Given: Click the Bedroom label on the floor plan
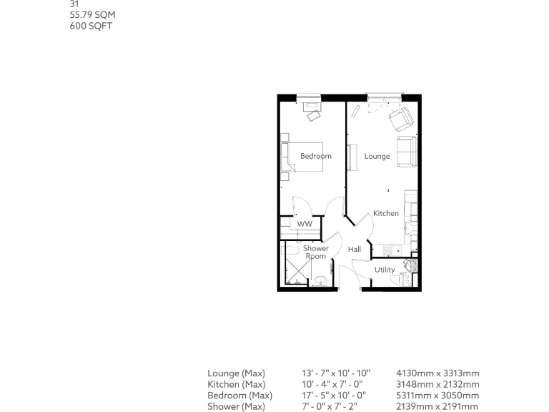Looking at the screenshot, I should tap(315, 156).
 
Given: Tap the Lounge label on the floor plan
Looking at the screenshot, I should tap(377, 156).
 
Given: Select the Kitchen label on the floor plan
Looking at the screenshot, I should tap(385, 213).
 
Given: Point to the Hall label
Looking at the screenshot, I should tap(355, 250).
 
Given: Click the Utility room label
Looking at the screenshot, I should tap(385, 270).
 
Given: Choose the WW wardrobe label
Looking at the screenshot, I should tap(305, 224).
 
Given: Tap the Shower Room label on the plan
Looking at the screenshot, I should tap(315, 252).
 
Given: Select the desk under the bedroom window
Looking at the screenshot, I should tap(313, 107).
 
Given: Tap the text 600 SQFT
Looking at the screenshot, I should tap(90, 26).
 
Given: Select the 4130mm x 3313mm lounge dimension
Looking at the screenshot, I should tap(437, 373).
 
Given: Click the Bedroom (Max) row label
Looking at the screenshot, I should tap(239, 396).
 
